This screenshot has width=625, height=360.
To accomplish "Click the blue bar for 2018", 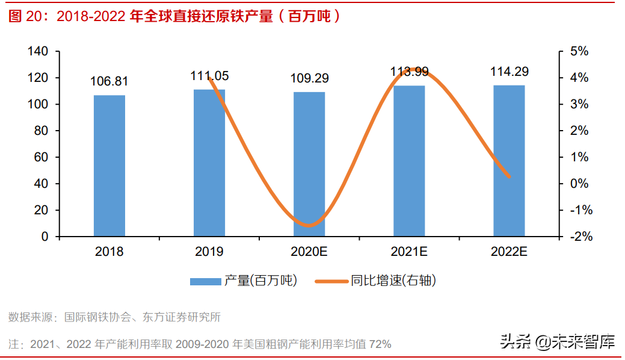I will (109, 166).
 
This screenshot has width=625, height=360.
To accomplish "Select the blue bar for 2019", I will (209, 163).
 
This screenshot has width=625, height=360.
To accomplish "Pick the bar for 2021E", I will (409, 161).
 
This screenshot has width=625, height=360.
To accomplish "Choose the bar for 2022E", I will (509, 161).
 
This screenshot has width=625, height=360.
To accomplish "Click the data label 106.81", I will (109, 81).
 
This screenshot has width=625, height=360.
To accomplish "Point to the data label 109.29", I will (309, 78).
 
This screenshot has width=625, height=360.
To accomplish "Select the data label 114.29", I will (509, 72).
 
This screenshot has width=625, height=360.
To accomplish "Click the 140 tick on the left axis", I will (38, 52).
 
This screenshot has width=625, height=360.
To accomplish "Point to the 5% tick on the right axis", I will (579, 52).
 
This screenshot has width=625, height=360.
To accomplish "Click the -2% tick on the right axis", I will (581, 237).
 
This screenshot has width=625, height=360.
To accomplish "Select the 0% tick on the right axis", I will (579, 184).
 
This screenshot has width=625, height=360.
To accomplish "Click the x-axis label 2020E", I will (309, 252).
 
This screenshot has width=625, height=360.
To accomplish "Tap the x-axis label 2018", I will (109, 252).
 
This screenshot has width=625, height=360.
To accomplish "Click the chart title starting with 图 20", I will (174, 16).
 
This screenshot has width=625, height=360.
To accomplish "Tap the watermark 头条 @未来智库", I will (558, 343).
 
